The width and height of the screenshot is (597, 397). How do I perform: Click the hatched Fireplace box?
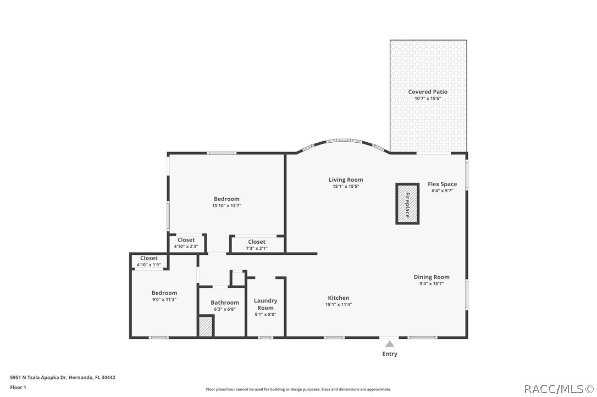point(407,204)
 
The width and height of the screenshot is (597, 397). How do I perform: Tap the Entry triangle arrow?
point(390,344)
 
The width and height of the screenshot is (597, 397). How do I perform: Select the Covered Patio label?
point(428,92)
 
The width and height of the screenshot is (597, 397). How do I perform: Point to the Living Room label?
point(346,180)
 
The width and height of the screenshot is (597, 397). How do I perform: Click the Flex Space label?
point(442,184)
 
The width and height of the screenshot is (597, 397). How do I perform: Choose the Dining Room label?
point(432,277)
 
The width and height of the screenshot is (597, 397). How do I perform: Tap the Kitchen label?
point(339,298)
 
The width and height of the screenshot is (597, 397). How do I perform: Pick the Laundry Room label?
point(266,304)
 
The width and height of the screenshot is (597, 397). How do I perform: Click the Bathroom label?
point(225,303)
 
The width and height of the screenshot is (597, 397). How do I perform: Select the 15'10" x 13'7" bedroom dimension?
point(227,206)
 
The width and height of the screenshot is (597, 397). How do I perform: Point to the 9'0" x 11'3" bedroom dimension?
point(164,300)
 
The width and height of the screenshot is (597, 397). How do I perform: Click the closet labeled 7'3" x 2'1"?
point(257,244)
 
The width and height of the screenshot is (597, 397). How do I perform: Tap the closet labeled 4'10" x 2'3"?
point(186,243)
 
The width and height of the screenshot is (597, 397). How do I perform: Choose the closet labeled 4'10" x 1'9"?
point(148,261)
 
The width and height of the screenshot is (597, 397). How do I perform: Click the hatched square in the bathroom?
point(206,326)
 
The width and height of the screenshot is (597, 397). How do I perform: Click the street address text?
point(63,378)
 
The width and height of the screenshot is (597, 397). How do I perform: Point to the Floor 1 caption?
point(18,388)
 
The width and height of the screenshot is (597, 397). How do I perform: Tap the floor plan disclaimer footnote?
point(298,389)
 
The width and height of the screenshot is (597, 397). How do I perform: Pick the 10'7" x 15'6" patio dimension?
point(428,98)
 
